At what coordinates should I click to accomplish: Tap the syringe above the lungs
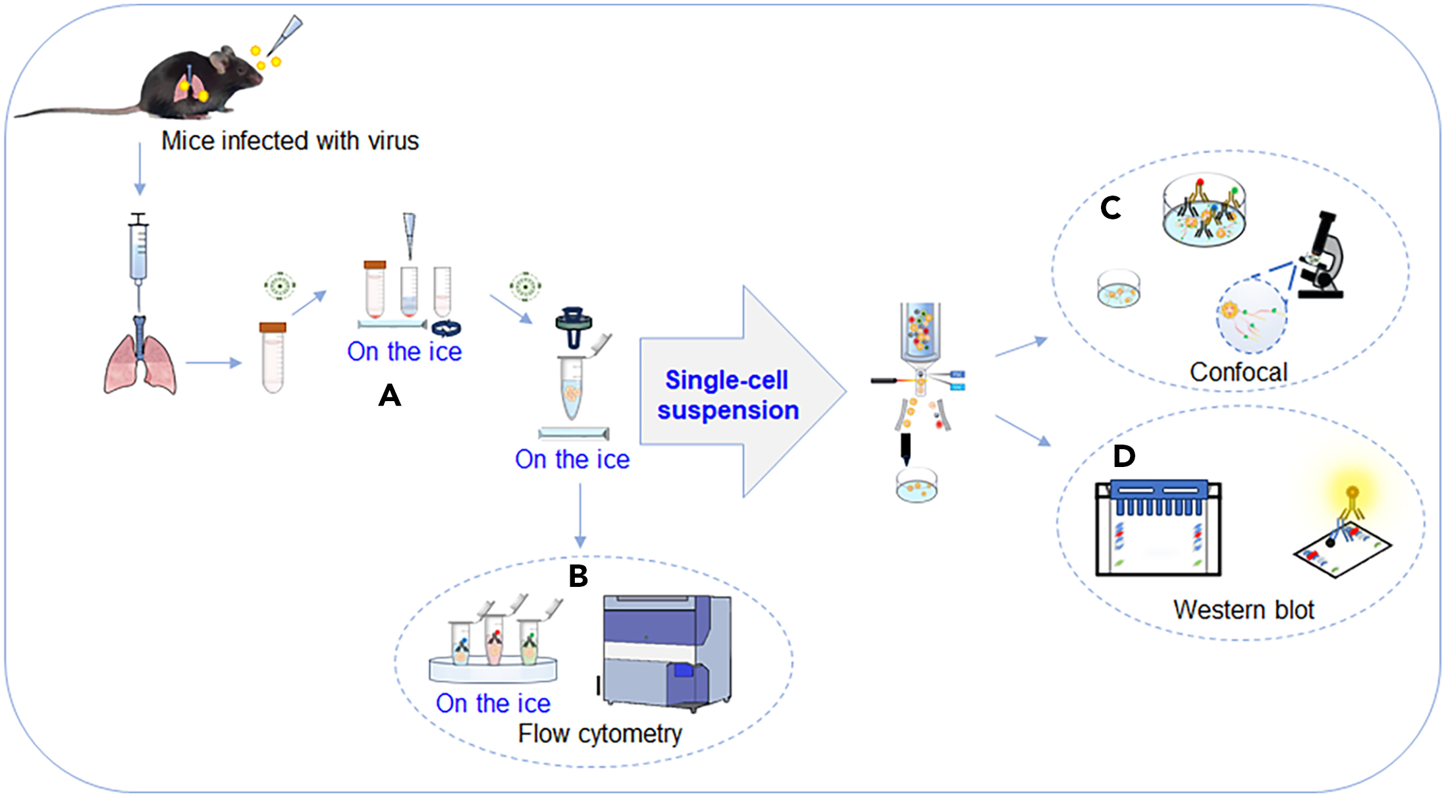point(138,250)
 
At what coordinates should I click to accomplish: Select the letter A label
point(390,396)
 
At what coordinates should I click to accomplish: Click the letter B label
point(578,576)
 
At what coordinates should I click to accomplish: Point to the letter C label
point(1110,209)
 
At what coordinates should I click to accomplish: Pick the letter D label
point(1124,456)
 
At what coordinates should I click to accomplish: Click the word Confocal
point(1238,372)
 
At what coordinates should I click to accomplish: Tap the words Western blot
point(1243,610)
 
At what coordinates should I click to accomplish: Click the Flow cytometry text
point(600,734)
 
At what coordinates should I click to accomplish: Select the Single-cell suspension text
point(728,395)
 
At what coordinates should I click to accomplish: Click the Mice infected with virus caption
point(290,141)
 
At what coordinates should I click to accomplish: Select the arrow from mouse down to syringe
point(140,169)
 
